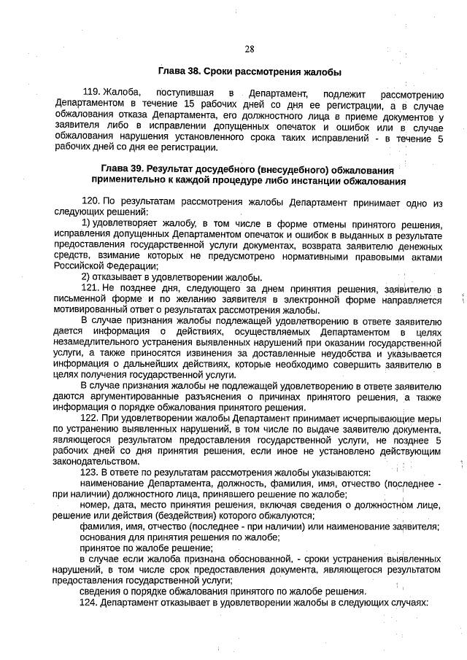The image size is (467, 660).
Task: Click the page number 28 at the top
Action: tap(249, 49)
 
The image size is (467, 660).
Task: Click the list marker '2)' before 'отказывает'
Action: tap(85, 277)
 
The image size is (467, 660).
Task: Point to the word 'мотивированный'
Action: tap(88, 310)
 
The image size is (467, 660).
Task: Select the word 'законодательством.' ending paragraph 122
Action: tap(96, 462)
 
